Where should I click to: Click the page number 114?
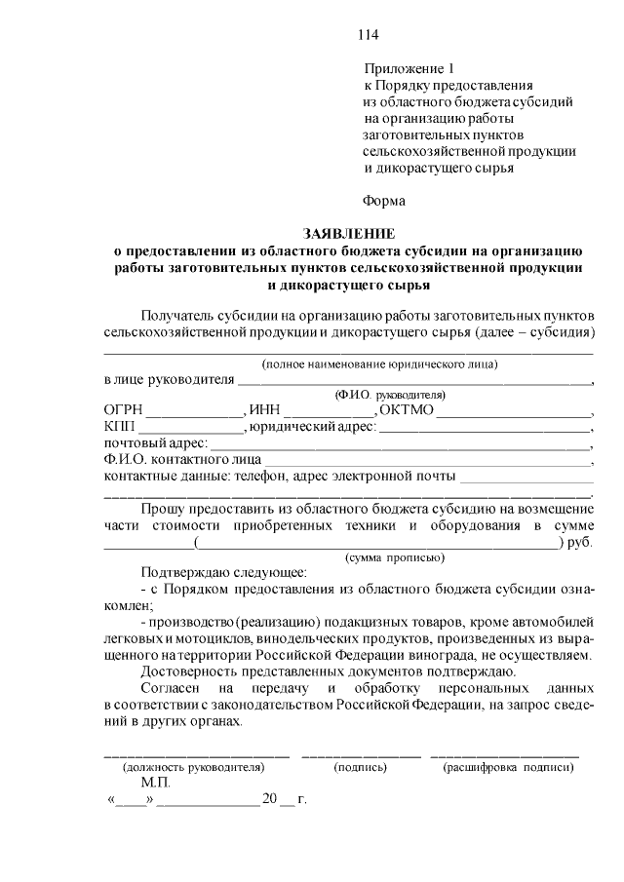click(x=368, y=35)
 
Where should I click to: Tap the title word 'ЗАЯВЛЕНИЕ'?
click(x=349, y=234)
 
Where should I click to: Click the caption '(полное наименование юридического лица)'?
click(x=379, y=364)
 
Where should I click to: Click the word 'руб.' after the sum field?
click(x=579, y=542)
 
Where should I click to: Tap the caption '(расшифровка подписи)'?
click(x=508, y=767)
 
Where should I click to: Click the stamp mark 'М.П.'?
click(x=155, y=783)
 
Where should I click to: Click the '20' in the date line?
click(x=270, y=800)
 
